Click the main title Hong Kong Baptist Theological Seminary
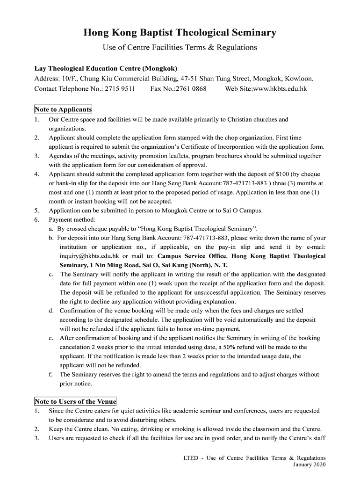pyautogui.click(x=180, y=33)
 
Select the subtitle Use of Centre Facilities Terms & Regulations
pyautogui.click(x=180, y=48)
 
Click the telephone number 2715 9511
pyautogui.click(x=120, y=88)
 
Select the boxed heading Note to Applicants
pyautogui.click(x=63, y=109)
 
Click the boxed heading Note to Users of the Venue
pyautogui.click(x=75, y=402)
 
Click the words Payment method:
pyautogui.click(x=72, y=220)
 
